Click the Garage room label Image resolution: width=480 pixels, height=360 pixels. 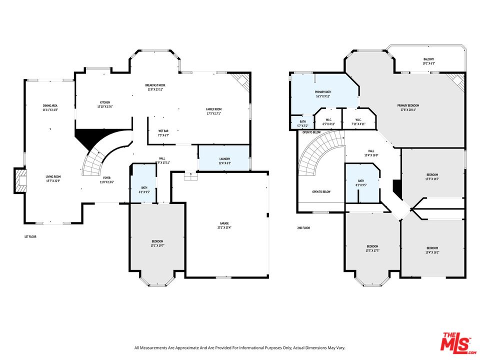tap(223, 224)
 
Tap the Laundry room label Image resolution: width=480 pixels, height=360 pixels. tap(224, 158)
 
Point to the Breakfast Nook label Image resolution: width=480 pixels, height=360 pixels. tap(155, 85)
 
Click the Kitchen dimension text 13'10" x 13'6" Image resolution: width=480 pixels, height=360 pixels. tap(105, 106)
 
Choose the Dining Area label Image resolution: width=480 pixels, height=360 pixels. tap(50, 105)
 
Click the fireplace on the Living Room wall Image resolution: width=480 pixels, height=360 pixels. tap(20, 180)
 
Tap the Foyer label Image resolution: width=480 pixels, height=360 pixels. tap(106, 177)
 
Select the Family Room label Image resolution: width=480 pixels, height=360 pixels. tap(213, 109)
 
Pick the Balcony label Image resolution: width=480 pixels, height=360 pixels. tap(428, 59)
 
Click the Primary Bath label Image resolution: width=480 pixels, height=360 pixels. tap(322, 92)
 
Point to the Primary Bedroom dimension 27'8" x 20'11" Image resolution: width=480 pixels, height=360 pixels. tap(408, 109)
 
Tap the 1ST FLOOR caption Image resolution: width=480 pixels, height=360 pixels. tap(30, 236)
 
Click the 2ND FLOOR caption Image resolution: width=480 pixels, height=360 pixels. tap(303, 227)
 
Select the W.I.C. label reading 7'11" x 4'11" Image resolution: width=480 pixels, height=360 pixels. tap(358, 123)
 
